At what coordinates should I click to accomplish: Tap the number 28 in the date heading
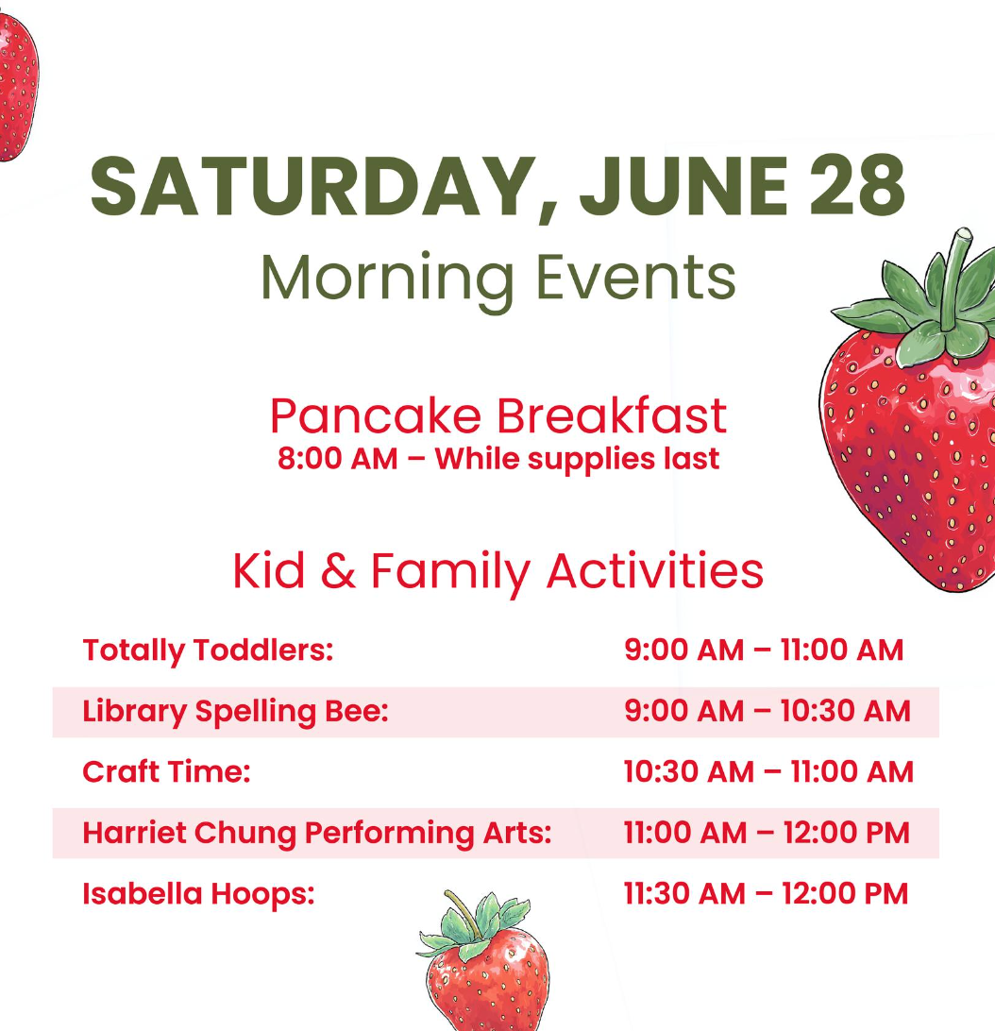pos(857,185)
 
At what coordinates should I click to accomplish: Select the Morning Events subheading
pos(497,279)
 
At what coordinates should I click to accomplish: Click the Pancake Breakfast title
pos(497,415)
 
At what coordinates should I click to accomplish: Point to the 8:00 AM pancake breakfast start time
pos(337,458)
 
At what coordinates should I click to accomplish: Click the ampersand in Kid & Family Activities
pos(338,570)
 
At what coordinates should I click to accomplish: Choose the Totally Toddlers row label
pos(208,651)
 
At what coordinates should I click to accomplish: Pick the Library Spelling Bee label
pos(235,712)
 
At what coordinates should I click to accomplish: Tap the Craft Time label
pos(166,771)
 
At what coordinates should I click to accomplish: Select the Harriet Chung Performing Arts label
pos(317,833)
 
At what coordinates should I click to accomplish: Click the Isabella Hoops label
pos(198,893)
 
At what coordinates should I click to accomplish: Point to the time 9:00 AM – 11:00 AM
pos(764,650)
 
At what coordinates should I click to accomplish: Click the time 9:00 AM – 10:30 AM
pos(767,711)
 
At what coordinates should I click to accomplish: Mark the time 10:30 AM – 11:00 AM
pos(768,772)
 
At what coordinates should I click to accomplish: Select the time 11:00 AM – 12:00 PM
pos(767,833)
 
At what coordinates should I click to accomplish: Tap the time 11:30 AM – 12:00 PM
pos(767,893)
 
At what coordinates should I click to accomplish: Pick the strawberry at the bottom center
pos(483,961)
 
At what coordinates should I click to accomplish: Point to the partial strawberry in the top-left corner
pos(18,87)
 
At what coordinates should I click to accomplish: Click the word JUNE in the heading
pos(683,185)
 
